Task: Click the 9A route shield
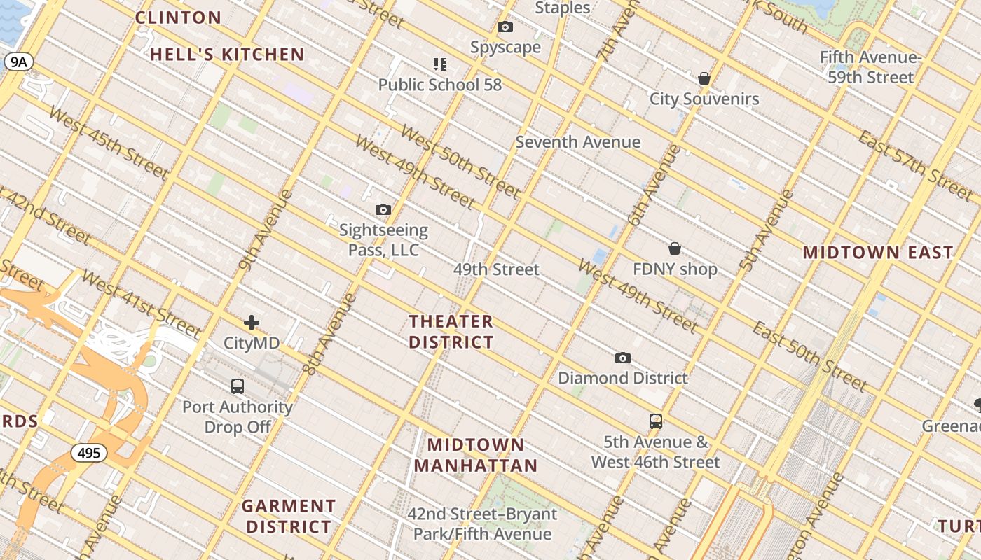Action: coord(18,62)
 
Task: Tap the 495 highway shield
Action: coord(89,453)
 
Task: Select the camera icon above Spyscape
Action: coord(505,27)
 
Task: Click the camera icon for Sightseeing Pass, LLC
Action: coord(383,209)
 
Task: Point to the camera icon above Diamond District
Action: coord(622,358)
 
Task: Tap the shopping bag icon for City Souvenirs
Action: coord(704,78)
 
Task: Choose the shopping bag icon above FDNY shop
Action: coord(675,248)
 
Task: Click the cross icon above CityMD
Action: coord(252,323)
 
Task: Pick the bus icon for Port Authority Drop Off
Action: coord(238,386)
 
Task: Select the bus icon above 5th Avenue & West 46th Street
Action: coord(656,421)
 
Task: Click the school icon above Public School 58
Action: coord(440,64)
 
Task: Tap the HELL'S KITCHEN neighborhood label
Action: coord(227,55)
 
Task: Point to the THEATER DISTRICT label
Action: coord(451,332)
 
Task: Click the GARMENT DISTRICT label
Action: coord(289,516)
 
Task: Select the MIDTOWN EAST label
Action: coord(878,252)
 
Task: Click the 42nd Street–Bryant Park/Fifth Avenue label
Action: coord(483,524)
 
